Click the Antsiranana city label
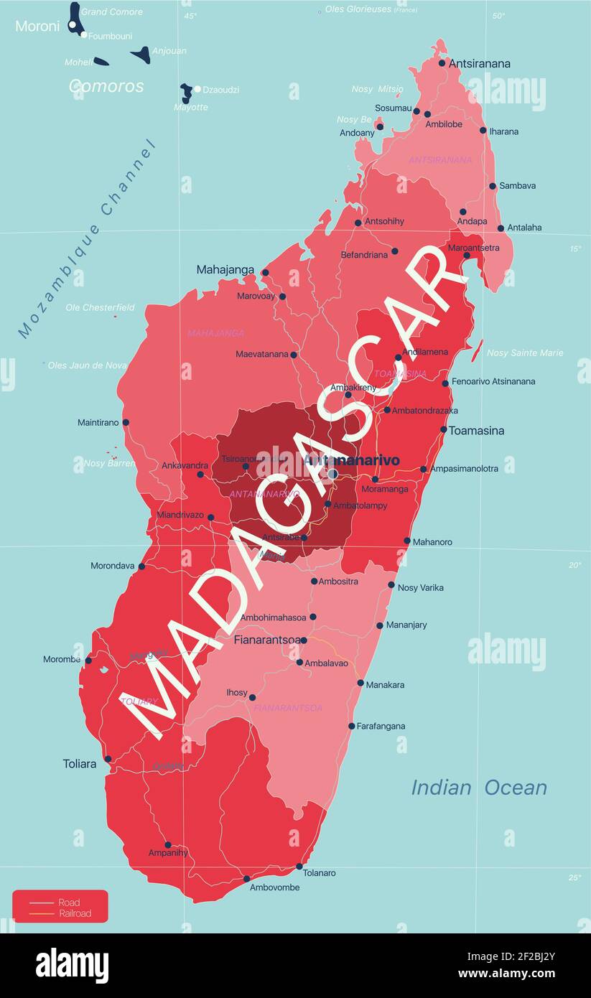point(479,63)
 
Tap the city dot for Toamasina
point(444,430)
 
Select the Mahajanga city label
point(225,270)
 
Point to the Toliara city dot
point(108,759)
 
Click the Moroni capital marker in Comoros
point(72,25)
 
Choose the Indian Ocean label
point(478,788)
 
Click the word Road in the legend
point(69,903)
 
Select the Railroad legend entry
point(75,913)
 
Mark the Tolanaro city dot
point(299,866)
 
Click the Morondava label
point(112,566)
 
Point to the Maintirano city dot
point(126,422)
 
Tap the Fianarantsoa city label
point(266,638)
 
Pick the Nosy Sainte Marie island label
point(525,353)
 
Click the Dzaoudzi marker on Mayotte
point(197,89)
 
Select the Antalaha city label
point(524,228)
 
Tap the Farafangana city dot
point(352,726)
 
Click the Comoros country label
point(106,86)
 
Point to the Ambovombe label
point(274,887)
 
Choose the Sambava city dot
point(493,186)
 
